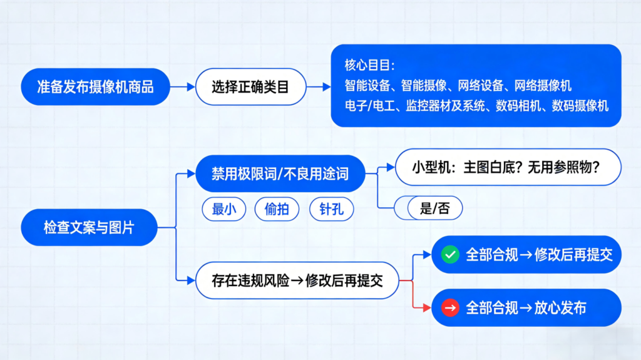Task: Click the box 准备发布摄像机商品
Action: [95, 87]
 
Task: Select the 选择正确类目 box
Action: [250, 87]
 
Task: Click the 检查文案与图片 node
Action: [89, 227]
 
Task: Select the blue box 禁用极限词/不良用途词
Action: [280, 173]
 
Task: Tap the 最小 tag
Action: [224, 209]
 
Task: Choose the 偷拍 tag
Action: [277, 209]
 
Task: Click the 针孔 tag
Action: [331, 209]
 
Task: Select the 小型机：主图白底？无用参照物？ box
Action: [508, 167]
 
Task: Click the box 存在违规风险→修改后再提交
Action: [297, 281]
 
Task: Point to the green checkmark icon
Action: [450, 255]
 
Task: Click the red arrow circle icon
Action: [450, 307]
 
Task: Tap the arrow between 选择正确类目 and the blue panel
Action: [318, 87]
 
